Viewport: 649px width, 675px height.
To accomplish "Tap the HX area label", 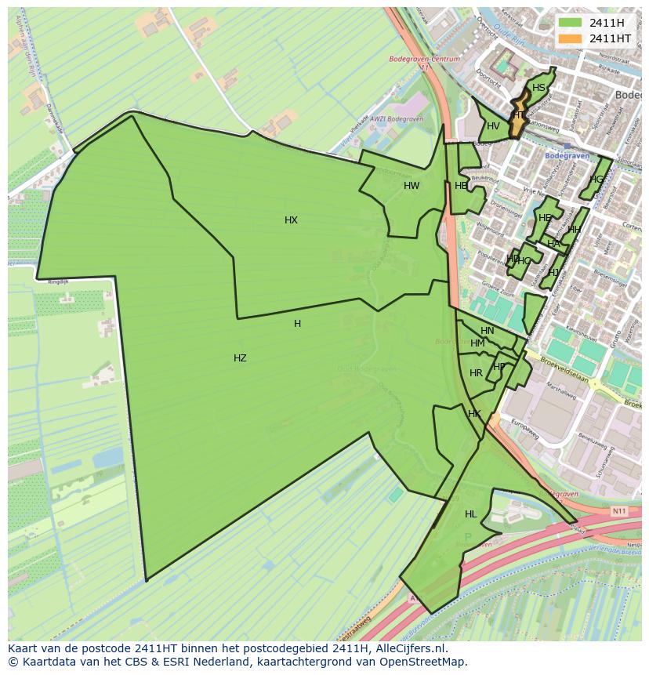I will [291, 220].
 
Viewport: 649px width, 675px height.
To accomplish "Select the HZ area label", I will [240, 358].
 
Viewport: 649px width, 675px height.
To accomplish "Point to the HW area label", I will [412, 186].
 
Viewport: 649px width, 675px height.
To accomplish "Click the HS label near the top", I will [538, 88].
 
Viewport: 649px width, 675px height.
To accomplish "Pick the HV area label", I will [493, 126].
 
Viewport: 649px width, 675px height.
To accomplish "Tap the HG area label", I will [597, 180].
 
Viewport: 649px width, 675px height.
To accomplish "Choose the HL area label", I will [470, 514].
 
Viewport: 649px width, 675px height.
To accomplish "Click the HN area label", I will [488, 331].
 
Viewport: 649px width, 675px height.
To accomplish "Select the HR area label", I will [476, 373].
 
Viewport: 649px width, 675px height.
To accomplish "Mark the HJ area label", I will [553, 273].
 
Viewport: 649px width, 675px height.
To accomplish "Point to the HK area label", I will [474, 414].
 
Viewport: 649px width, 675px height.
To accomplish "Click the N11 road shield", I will [619, 511].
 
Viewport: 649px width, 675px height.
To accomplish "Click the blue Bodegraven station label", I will [565, 155].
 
